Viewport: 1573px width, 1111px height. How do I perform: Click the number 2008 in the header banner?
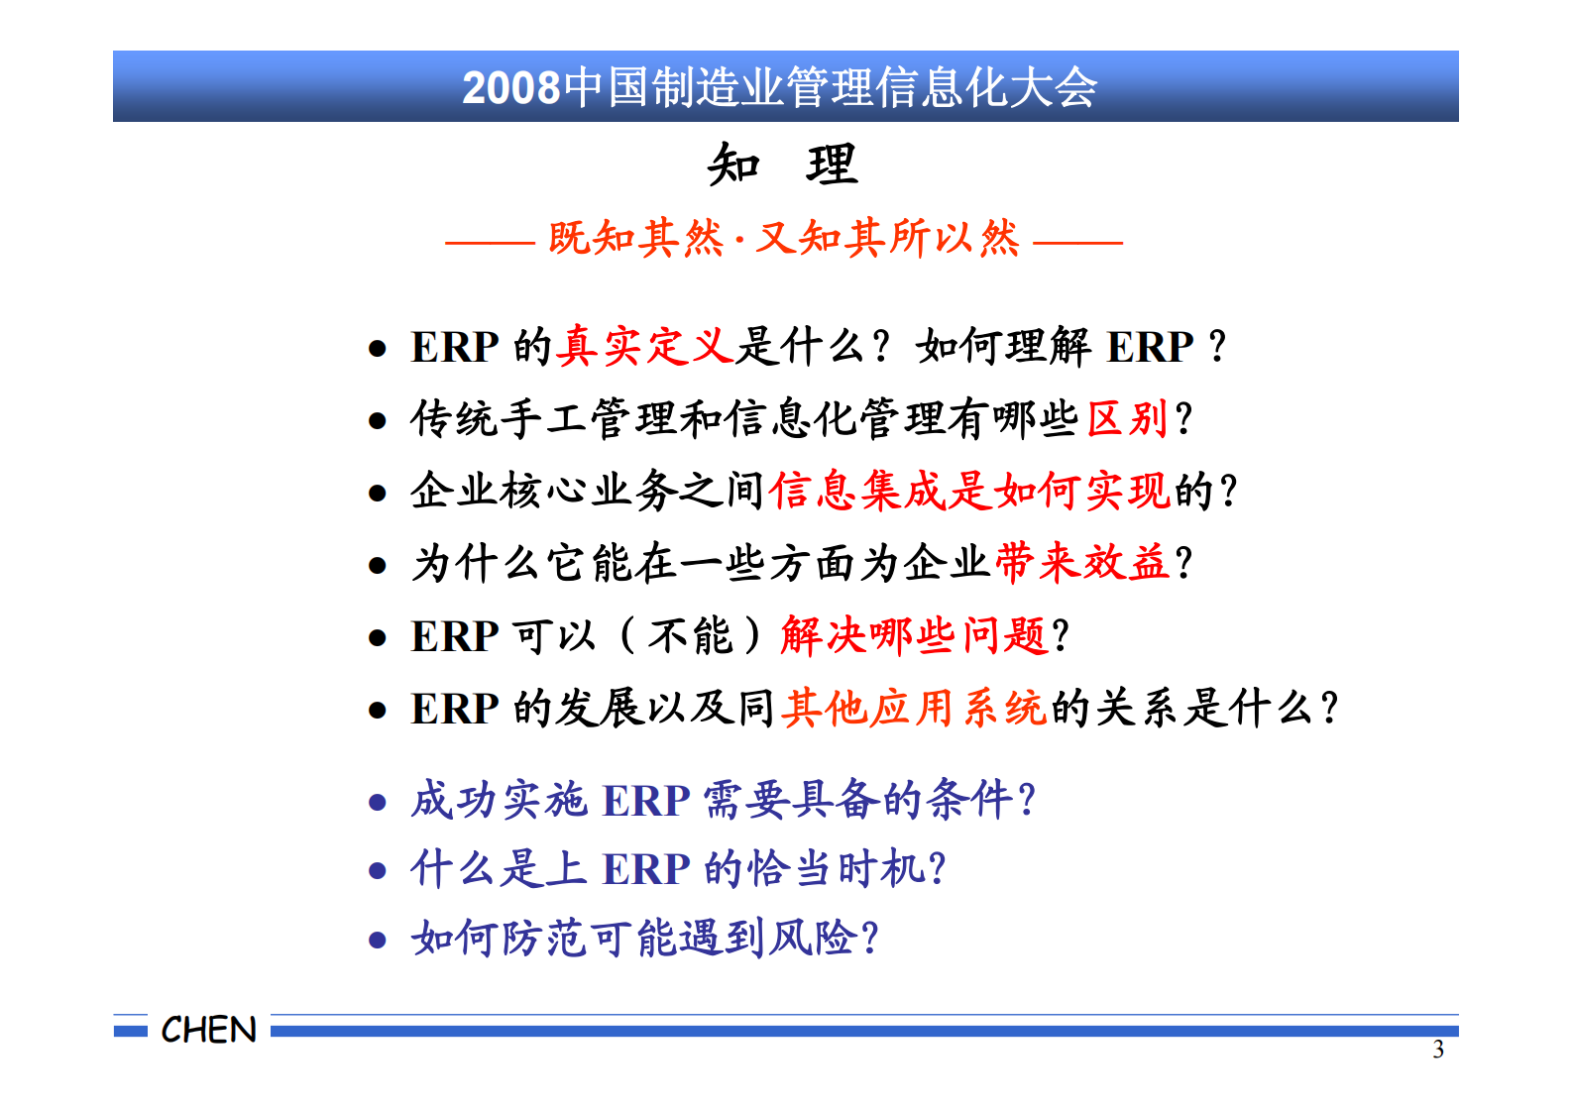(511, 87)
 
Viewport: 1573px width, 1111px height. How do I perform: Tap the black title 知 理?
(782, 165)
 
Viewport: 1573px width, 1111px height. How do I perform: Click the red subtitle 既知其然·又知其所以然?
(783, 239)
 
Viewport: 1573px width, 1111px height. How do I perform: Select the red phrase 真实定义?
(644, 347)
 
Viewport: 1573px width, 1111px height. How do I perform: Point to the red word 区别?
(1129, 418)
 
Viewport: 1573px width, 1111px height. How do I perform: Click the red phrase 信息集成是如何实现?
(969, 491)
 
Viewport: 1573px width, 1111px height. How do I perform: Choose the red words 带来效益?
(1081, 563)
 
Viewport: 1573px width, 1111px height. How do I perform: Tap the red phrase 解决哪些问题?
(913, 635)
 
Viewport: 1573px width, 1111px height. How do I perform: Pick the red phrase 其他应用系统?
(913, 708)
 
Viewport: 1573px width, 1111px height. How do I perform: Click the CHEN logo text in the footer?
(208, 1030)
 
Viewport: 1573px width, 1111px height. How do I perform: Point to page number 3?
(1437, 1051)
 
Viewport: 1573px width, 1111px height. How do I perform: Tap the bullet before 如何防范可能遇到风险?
(377, 940)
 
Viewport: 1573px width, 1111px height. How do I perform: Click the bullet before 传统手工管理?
(377, 421)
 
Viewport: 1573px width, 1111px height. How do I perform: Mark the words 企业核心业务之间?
(587, 491)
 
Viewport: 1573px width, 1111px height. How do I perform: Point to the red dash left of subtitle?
(490, 241)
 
